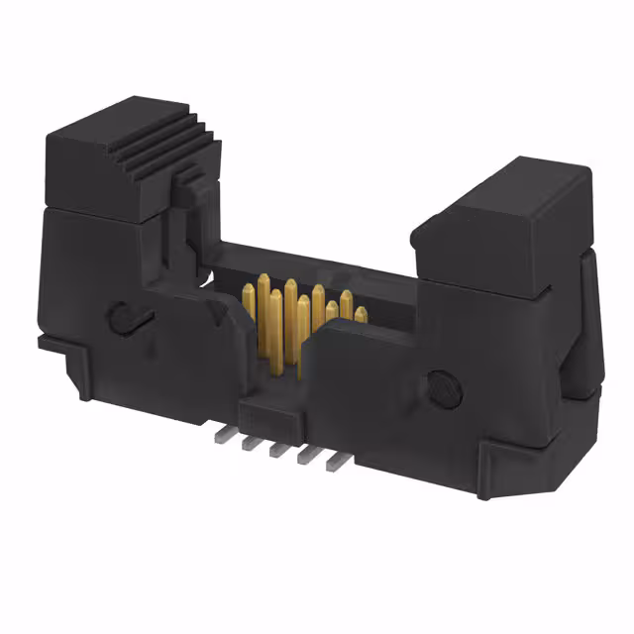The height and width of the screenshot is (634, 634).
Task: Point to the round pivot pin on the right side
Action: [x=443, y=384]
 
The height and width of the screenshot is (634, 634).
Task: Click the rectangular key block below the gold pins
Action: [x=267, y=406]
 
